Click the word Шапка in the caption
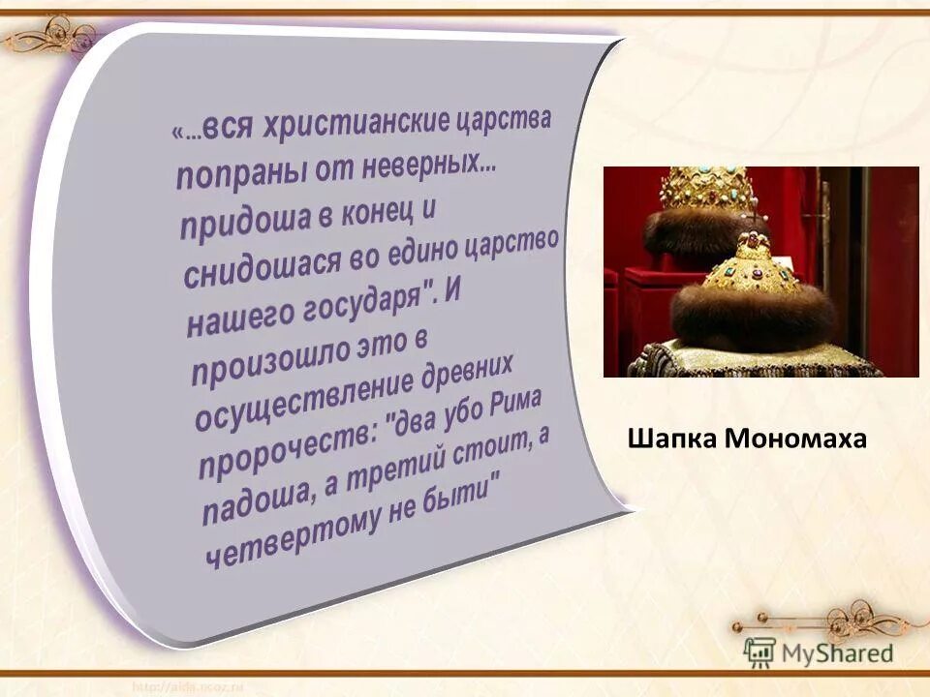672,439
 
